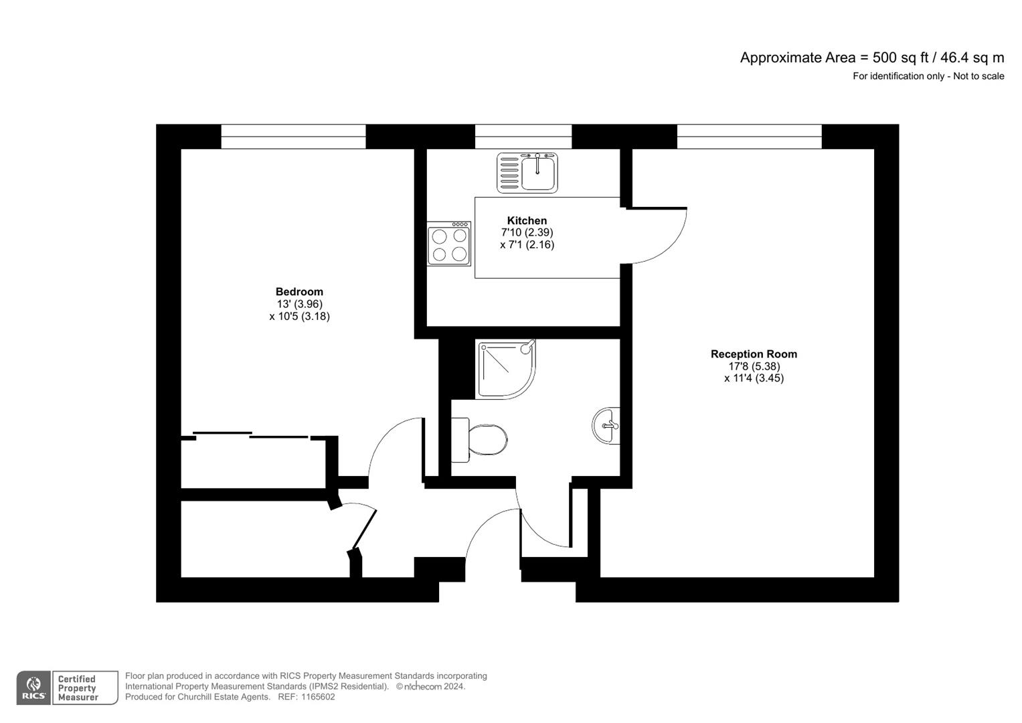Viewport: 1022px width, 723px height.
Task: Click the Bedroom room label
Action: tap(299, 292)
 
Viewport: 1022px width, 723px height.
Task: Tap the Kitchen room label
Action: tap(527, 221)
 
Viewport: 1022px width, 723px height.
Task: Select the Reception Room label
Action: tap(754, 354)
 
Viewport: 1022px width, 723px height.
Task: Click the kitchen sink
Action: tap(527, 173)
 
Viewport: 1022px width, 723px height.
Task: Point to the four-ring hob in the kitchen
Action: tap(449, 244)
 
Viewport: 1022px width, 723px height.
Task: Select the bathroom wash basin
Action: tap(607, 425)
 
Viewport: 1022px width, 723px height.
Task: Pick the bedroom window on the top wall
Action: tap(293, 137)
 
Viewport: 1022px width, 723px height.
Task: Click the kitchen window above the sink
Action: tap(523, 137)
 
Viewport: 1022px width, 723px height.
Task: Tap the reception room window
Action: tap(749, 137)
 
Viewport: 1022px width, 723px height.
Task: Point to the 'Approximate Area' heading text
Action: tap(798, 58)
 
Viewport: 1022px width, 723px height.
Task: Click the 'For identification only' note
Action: tap(928, 76)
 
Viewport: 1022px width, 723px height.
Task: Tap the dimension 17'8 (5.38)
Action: tap(754, 366)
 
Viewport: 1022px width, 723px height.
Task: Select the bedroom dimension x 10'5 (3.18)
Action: tap(299, 316)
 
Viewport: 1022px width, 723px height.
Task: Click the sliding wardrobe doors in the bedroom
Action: tap(252, 436)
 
